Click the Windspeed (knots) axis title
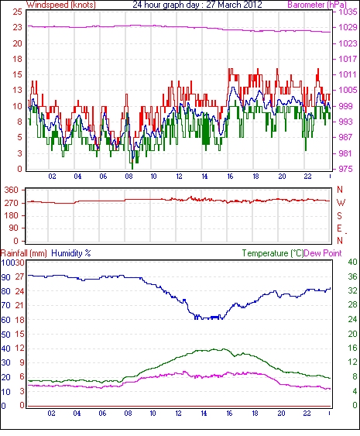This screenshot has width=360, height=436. (61, 5)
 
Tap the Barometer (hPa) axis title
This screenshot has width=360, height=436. (317, 5)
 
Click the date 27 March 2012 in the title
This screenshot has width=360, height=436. (234, 5)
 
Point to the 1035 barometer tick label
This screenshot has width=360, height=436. (348, 12)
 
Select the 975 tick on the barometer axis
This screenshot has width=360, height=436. (346, 169)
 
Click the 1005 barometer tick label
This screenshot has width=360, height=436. (348, 90)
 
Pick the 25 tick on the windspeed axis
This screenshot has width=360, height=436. (18, 12)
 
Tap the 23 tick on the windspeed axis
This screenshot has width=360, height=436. (18, 28)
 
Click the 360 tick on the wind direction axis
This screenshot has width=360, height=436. (12, 191)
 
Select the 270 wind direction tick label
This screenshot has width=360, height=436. (12, 203)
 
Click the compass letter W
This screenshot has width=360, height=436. (341, 203)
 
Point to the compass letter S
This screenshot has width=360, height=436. (339, 215)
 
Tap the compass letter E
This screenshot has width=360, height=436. (339, 228)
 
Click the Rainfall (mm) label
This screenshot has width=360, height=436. (24, 253)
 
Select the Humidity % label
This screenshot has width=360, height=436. (71, 253)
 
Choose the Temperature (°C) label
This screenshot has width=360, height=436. (273, 253)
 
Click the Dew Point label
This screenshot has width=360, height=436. (323, 253)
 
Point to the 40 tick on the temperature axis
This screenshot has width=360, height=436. (352, 262)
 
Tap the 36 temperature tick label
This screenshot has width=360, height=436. (352, 276)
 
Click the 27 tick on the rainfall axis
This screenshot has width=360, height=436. (19, 276)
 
